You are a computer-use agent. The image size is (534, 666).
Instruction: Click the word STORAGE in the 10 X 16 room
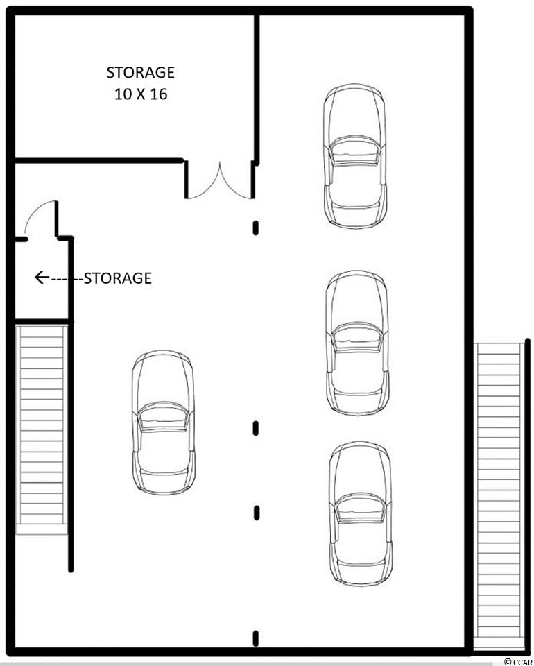140,72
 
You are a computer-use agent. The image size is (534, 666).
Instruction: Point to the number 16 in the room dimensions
158,94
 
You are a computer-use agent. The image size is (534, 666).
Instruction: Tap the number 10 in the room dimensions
123,94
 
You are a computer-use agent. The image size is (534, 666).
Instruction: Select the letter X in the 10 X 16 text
141,94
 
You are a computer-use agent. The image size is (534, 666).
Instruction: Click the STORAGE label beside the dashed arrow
118,278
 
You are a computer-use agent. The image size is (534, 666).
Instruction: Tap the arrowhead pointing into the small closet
41,277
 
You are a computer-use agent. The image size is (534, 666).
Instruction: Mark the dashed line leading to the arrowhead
67,279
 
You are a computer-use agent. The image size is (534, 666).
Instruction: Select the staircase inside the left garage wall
42,429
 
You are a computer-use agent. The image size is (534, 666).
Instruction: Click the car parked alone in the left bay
164,422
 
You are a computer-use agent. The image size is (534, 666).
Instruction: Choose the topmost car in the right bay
355,156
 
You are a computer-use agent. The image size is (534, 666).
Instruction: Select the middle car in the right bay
357,342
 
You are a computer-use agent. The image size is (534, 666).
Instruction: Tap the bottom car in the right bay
361,513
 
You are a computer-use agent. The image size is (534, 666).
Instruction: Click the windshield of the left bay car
164,417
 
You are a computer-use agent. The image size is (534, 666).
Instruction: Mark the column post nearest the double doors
255,228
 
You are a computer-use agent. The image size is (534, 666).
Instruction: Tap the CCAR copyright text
518,662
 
